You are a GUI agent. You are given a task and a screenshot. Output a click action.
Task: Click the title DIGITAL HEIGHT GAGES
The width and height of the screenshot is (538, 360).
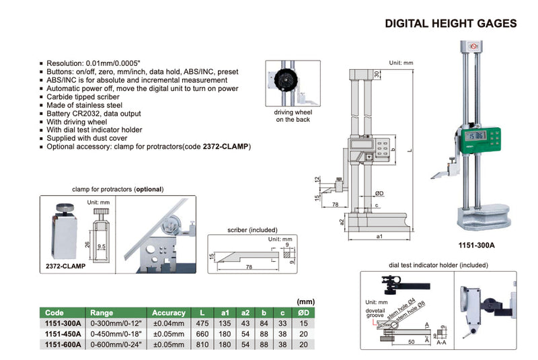point(451,24)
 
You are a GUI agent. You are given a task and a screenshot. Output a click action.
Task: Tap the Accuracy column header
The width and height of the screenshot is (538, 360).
point(168,313)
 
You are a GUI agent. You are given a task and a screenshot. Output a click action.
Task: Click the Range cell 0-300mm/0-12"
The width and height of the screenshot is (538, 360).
point(112,324)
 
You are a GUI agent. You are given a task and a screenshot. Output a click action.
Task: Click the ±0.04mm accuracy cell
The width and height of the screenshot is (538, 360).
point(168,324)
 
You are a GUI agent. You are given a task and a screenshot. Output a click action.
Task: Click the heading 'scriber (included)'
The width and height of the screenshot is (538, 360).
point(245,230)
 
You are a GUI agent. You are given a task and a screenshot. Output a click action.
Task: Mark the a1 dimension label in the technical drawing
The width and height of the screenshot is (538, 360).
point(379,236)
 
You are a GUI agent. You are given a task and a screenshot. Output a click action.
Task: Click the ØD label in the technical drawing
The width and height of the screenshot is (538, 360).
point(379,193)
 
